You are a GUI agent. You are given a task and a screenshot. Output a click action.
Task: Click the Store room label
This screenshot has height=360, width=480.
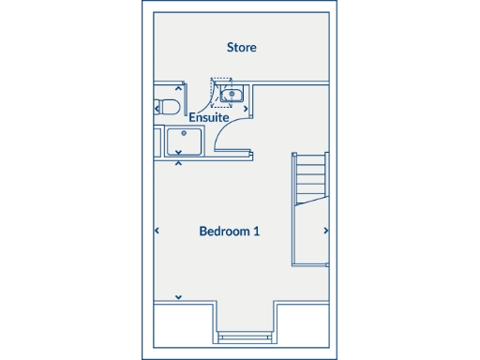tap(241, 47)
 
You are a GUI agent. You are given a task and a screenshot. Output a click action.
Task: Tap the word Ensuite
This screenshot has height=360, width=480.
tap(209, 118)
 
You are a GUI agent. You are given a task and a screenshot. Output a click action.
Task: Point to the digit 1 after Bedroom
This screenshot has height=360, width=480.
tap(257, 232)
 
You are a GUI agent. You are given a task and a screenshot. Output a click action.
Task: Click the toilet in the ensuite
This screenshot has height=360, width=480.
tap(166, 106)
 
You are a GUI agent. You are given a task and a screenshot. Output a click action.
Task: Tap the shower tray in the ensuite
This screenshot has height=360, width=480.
tap(183, 142)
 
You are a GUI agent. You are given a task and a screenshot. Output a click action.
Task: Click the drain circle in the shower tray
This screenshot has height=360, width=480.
tap(172, 133)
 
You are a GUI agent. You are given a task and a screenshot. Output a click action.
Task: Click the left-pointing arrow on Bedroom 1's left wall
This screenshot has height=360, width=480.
tap(156, 231)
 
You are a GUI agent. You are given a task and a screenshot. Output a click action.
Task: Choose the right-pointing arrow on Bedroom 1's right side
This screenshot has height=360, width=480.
tap(326, 231)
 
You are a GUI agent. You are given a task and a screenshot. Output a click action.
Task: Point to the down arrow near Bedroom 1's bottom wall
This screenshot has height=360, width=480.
tap(178, 297)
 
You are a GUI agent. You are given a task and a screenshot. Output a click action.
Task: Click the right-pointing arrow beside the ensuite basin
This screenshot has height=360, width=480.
tap(247, 107)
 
